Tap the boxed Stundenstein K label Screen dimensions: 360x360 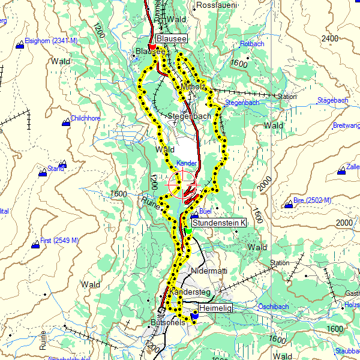coord(219,223)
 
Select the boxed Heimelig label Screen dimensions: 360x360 coord(214,308)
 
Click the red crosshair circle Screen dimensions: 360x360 coord(182,184)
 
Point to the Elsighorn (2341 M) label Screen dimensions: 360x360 coord(51,41)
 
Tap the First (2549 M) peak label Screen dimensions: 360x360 coord(59,241)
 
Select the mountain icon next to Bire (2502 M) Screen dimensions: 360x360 coord(289,205)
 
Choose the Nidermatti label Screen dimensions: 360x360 coord(209,271)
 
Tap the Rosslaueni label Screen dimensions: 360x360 coord(217,5)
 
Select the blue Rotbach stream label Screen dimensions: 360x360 coord(251,44)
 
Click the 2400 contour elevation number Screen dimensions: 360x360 coord(329,38)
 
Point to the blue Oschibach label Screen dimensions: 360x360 coord(273,307)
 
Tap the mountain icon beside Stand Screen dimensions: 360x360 coord(42,173)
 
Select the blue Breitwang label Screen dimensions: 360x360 coord(346,125)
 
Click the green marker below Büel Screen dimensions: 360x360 coord(188,230)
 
